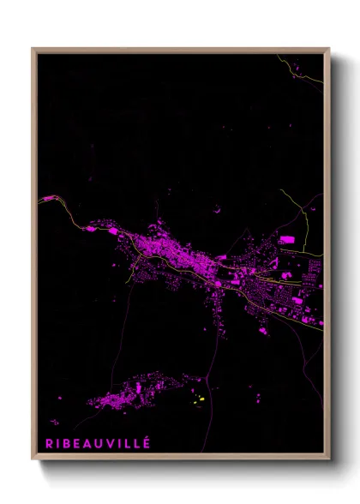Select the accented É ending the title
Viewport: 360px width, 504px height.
point(147,442)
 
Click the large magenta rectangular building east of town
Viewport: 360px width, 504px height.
point(286,239)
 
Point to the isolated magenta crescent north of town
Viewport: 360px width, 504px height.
point(218,207)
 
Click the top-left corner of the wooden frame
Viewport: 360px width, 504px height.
point(33,49)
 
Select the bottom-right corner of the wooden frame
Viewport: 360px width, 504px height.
point(328,460)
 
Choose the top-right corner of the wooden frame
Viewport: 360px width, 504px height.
point(328,49)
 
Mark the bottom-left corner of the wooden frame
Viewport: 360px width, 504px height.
point(33,460)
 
